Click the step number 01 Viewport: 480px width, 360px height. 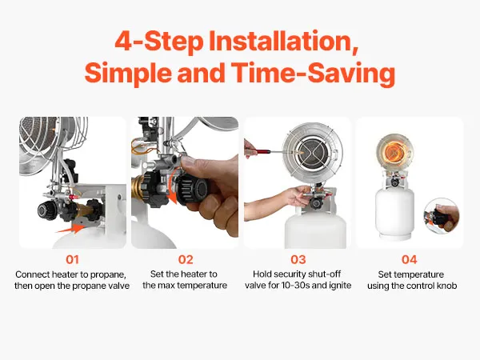72,259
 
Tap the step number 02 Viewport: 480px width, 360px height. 186,259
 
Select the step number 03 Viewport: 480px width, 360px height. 298,259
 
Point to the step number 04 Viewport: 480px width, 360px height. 410,259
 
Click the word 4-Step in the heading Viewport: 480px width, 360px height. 159,42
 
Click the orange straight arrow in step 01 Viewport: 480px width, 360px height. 70,229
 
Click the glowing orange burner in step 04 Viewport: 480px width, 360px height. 394,151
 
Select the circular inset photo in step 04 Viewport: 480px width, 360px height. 442,216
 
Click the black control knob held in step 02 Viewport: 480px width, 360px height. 194,190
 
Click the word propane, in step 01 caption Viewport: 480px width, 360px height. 108,274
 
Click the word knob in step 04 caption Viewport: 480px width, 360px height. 447,286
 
